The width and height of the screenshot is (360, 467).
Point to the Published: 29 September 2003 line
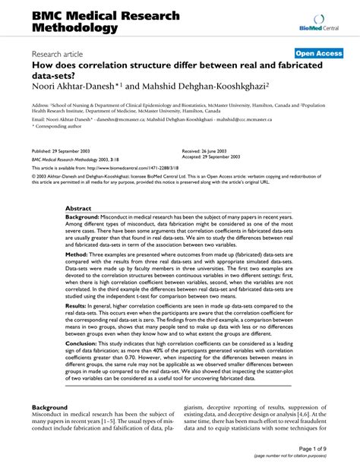coord(62,152)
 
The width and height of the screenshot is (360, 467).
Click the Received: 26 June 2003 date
coord(207,151)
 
